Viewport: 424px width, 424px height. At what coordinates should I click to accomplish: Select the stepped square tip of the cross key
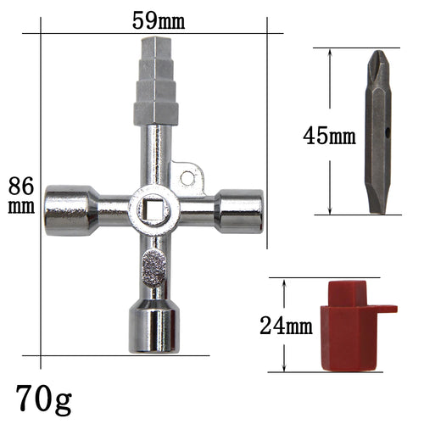point(154,85)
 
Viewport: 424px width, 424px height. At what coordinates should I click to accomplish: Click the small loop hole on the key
point(191,177)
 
